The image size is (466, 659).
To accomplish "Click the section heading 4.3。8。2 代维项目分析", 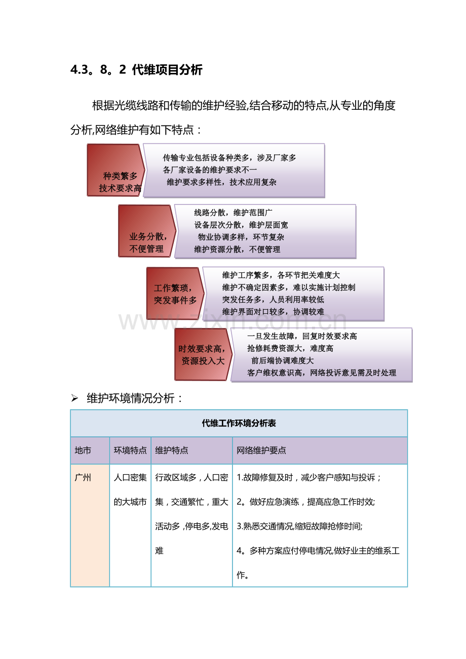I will [136, 70].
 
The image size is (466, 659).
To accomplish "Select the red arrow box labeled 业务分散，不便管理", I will [146, 231].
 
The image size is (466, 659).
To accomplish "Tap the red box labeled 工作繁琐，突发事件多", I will [175, 294].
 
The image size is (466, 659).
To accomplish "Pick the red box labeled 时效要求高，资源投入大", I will [203, 354].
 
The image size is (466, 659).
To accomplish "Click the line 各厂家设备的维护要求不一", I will [210, 170].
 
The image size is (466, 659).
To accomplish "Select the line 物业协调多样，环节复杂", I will [241, 237].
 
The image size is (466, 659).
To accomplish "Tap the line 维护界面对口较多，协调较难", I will [273, 311].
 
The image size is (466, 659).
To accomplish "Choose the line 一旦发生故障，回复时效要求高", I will [302, 336].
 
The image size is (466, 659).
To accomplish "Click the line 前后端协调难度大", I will [283, 360].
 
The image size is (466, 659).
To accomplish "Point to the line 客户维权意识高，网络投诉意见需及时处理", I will [322, 373].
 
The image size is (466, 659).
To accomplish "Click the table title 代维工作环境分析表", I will [239, 423].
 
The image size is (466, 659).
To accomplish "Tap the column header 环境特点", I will [130, 450].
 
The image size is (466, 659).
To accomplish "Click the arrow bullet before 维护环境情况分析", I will [74, 399].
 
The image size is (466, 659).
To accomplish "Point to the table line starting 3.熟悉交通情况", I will [299, 526].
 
